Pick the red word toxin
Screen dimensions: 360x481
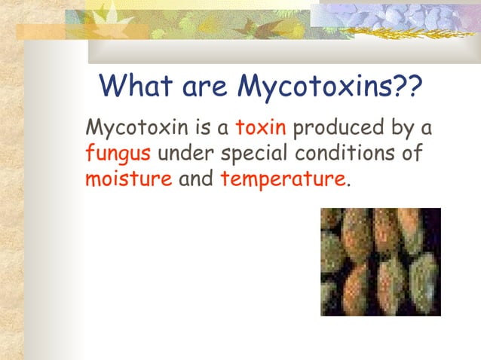point(261,127)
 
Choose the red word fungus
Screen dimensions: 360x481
point(118,154)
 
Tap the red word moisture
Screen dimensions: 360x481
point(129,181)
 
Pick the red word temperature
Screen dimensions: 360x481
point(283,181)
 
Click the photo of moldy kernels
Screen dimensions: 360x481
point(381,262)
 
